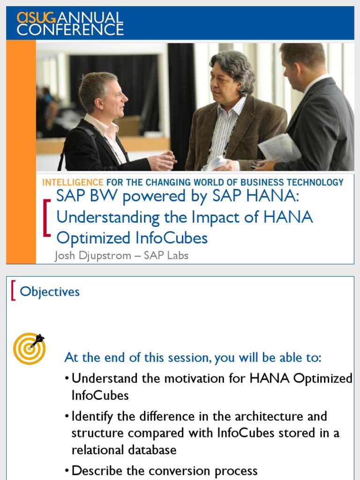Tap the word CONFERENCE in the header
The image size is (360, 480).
[x=70, y=30]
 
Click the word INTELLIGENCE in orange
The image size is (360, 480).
[x=73, y=182]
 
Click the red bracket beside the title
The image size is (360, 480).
[x=46, y=217]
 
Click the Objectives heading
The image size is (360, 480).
[x=50, y=292]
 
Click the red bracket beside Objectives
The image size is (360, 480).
[x=14, y=292]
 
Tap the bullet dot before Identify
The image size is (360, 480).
[x=68, y=417]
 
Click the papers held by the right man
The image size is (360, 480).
[x=280, y=148]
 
